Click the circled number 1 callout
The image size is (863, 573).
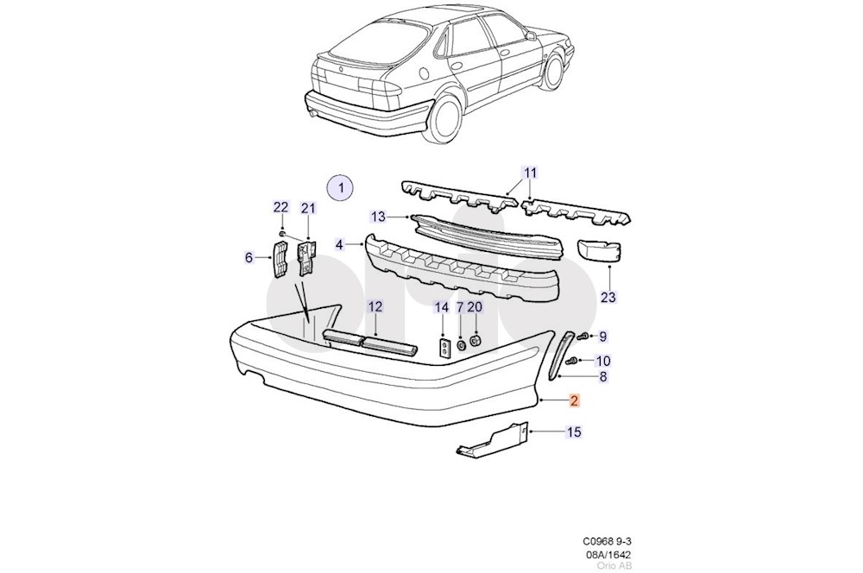tap(340, 186)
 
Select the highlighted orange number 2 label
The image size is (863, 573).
tap(575, 400)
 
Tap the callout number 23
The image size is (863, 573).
tap(609, 298)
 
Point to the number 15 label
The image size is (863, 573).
tap(574, 431)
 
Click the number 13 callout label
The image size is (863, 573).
tap(378, 216)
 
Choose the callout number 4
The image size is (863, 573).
tap(340, 245)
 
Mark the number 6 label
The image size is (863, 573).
tap(249, 256)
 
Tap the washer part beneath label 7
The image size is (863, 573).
tap(460, 345)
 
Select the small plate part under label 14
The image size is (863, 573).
tap(443, 349)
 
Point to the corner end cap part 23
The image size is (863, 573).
tap(602, 249)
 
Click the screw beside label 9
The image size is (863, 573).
tap(583, 335)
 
